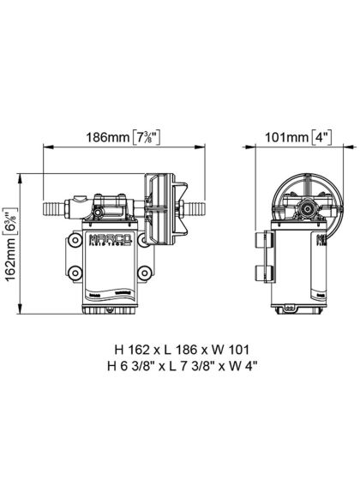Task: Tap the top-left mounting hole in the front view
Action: (x=75, y=241)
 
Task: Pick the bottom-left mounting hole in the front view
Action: (x=75, y=274)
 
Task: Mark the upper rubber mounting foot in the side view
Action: (x=260, y=243)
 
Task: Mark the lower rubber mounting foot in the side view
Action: (x=260, y=274)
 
